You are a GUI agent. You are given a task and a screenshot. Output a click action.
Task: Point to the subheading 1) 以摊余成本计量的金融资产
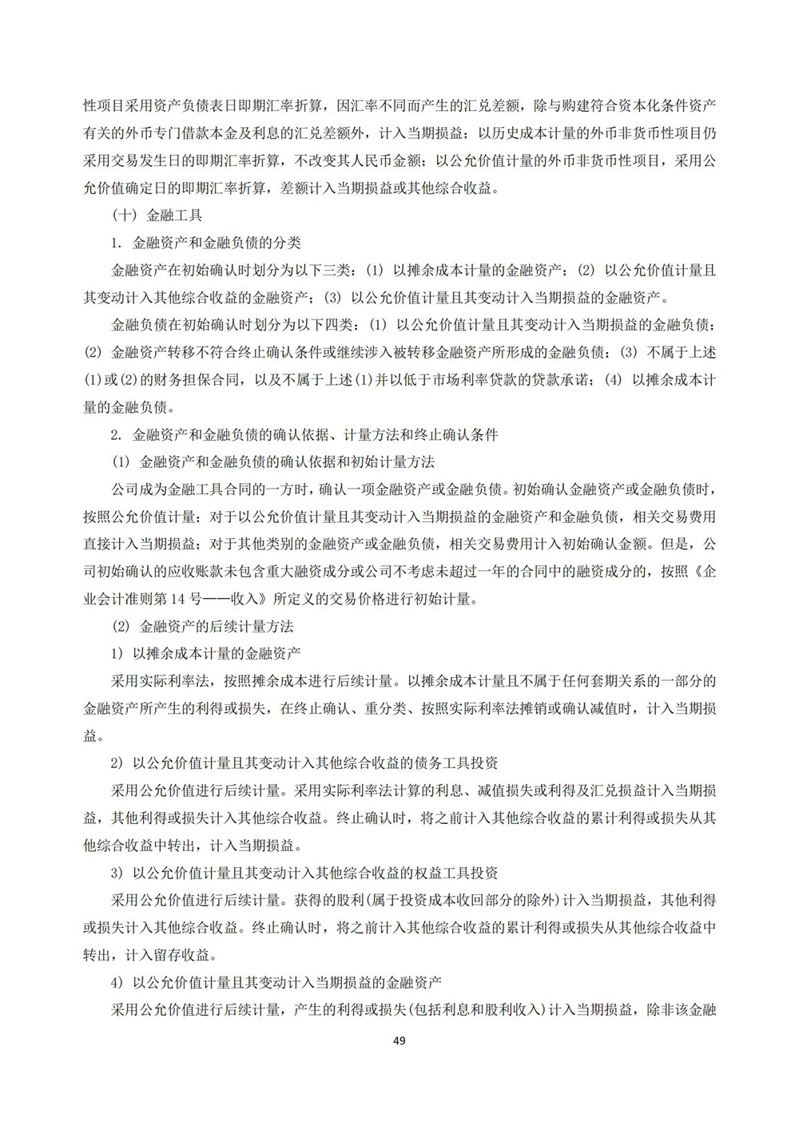tap(205, 653)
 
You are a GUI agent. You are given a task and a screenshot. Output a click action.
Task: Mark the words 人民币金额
tap(384, 160)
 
